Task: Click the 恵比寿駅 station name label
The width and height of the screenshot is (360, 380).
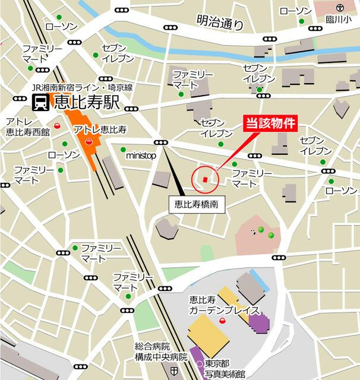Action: (87, 102)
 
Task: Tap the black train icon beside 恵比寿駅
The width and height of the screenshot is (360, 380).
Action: (40, 102)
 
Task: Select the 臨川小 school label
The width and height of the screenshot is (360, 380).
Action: (339, 19)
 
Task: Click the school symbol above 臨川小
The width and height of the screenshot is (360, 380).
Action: (339, 8)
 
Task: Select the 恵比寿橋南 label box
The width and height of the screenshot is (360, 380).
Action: (196, 204)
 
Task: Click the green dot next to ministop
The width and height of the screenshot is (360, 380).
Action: (123, 150)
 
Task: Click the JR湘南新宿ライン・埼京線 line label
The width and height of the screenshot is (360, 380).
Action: (83, 87)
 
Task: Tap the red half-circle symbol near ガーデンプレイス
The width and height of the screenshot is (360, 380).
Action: (222, 321)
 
